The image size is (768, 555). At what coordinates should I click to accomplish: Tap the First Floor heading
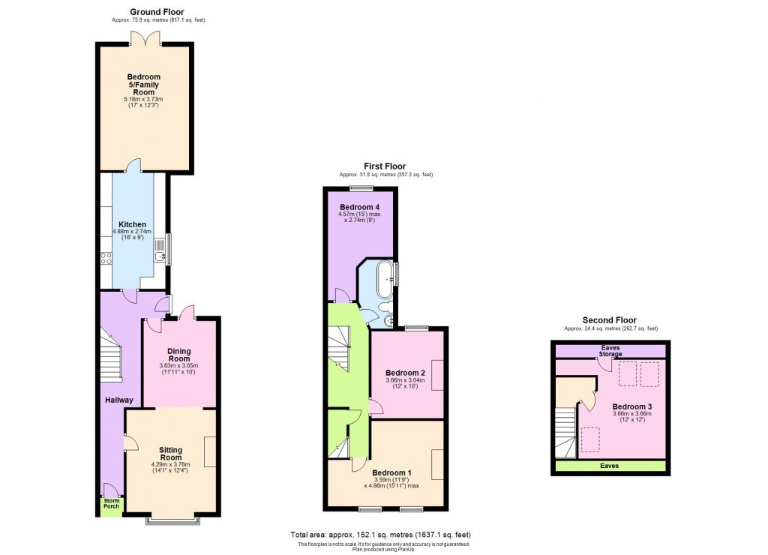385,166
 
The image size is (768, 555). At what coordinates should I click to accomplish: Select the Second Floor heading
609,320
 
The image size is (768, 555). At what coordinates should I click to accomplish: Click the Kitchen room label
132,224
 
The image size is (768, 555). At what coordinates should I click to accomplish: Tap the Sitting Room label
171,454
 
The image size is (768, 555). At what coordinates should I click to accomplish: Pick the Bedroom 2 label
405,373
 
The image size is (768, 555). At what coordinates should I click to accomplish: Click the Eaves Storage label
610,350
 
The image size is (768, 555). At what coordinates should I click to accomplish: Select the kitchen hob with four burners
106,259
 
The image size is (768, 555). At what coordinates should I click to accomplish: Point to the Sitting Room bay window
173,518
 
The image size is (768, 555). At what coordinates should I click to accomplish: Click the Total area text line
380,534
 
